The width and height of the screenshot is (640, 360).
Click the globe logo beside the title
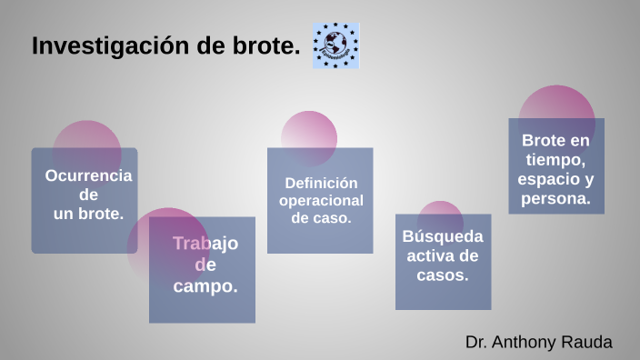[x=335, y=46]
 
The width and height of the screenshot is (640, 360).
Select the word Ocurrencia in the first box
[x=88, y=175]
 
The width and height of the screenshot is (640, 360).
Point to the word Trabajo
[x=205, y=244]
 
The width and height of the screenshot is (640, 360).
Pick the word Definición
[x=321, y=182]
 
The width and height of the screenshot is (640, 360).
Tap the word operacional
[x=321, y=200]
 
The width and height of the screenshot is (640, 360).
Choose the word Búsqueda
[x=443, y=236]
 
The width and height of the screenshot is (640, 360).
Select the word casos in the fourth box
[x=442, y=275]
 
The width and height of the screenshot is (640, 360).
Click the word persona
[x=555, y=198]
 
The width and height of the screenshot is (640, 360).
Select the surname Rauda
[x=590, y=343]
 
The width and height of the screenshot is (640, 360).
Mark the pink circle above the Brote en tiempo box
[x=556, y=102]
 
